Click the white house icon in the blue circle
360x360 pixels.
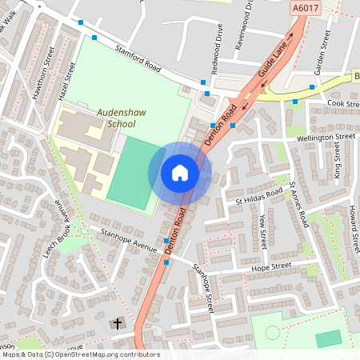tap(180, 173)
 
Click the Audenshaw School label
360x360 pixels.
tap(117, 118)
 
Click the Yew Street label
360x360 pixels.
tap(262, 231)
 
